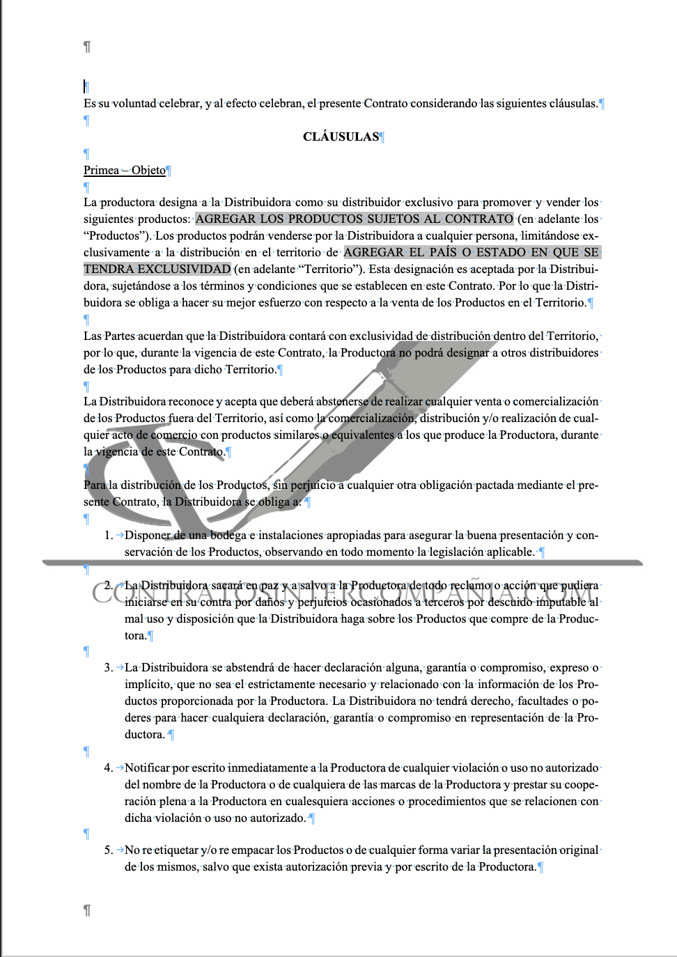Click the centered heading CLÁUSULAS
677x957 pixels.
pyautogui.click(x=341, y=137)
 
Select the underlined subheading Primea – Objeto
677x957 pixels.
pyautogui.click(x=125, y=170)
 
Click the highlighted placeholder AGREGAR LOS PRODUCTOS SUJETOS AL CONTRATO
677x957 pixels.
pyautogui.click(x=354, y=219)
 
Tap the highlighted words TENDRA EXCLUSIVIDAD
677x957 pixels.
pyautogui.click(x=157, y=269)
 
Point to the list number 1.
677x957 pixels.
pyautogui.click(x=108, y=535)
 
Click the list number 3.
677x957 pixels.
pyautogui.click(x=108, y=667)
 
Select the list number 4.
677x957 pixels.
pyautogui.click(x=108, y=768)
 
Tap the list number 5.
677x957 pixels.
pyautogui.click(x=108, y=850)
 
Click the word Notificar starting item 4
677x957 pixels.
pyautogui.click(x=147, y=768)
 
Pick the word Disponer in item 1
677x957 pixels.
pyautogui.click(x=148, y=535)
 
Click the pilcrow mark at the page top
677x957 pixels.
pyautogui.click(x=87, y=47)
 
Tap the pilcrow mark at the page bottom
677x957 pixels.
pyautogui.click(x=87, y=910)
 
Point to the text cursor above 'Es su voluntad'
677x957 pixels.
pyautogui.click(x=84, y=86)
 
